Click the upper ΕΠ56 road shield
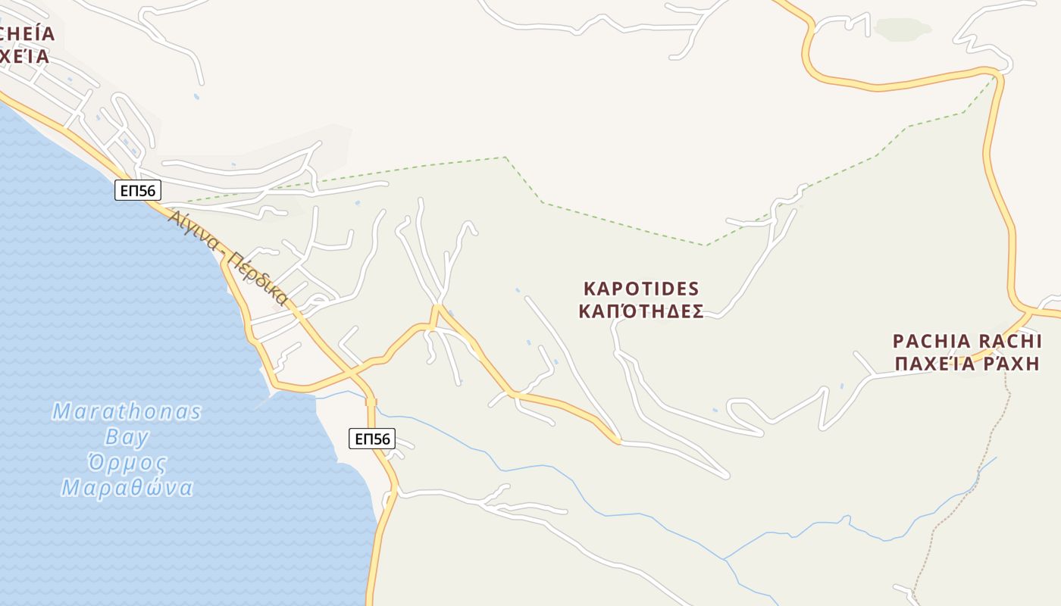[x=138, y=190]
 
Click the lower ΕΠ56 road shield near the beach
[x=371, y=438]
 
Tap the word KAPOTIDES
[x=641, y=289]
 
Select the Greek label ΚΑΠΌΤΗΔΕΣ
[x=641, y=311]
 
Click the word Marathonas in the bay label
[x=127, y=412]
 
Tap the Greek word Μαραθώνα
[x=127, y=487]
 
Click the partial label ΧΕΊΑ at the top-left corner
[x=24, y=56]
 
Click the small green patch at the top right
[x=902, y=30]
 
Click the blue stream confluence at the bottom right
[x=724, y=559]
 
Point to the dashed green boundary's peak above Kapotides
[x=505, y=158]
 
